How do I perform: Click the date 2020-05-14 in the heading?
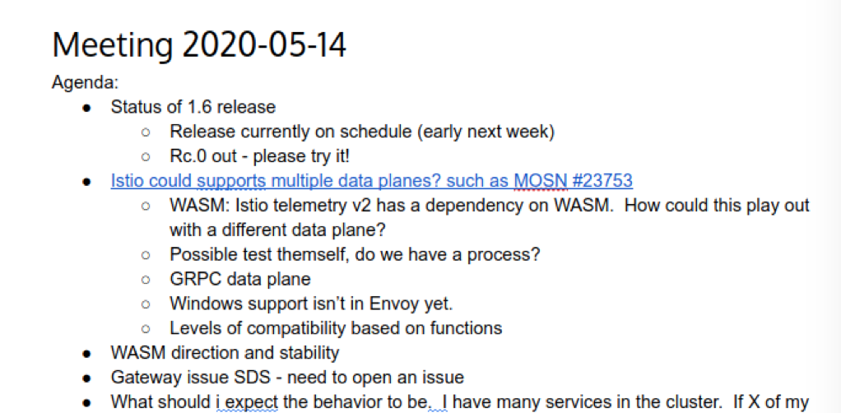[x=264, y=45]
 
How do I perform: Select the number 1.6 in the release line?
[x=199, y=107]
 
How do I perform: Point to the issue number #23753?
[x=602, y=181]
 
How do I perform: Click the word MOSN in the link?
[x=540, y=181]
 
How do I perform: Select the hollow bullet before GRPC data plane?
[x=146, y=280]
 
